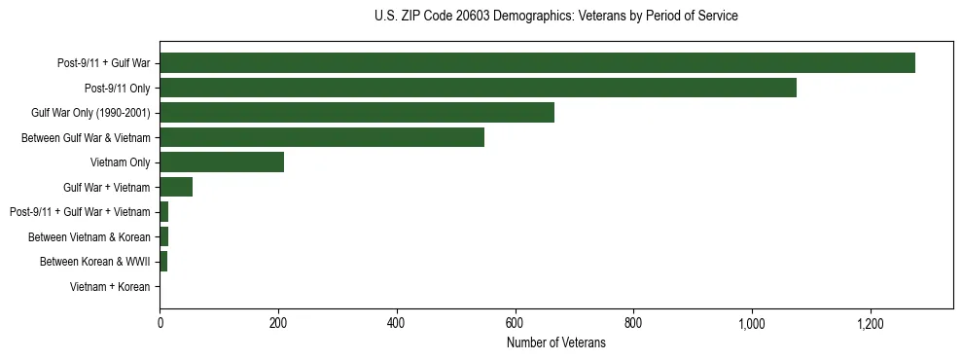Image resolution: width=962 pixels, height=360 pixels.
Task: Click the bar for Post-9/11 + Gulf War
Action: coord(537,63)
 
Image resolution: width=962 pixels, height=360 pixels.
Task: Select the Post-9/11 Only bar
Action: coord(478,88)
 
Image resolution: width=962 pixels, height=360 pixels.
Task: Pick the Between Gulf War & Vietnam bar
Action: coord(322,137)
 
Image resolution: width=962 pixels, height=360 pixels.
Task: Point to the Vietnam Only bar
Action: coord(222,162)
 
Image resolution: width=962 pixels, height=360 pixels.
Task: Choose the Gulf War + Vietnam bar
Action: coord(176,187)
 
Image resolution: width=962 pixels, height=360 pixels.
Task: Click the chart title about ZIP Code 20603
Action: coord(555,17)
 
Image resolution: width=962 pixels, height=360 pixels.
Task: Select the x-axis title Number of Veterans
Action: coord(555,343)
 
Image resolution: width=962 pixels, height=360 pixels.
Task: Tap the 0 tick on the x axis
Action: coord(160,324)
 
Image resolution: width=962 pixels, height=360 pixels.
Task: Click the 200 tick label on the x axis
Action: coord(278,324)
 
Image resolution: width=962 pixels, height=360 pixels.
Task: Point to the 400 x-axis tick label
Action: coord(397,324)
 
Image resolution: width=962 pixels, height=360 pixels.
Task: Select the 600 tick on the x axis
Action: coord(515,324)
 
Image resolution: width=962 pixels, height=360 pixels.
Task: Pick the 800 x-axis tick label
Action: coord(633,324)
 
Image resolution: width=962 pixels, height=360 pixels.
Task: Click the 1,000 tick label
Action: coord(752,324)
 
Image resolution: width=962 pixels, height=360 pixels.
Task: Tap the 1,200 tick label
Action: coord(870,324)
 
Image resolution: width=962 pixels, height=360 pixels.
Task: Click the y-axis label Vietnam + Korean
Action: coord(110,287)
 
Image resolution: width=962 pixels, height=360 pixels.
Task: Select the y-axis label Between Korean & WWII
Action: coord(94,262)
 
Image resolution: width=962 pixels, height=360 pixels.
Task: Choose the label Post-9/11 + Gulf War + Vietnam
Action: coord(80,212)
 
